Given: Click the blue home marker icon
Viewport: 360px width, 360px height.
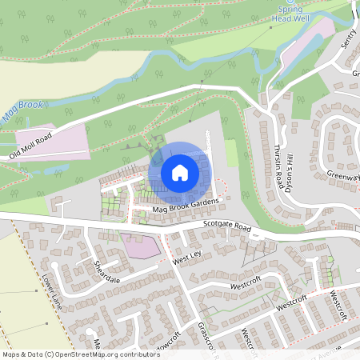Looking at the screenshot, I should click(x=180, y=172).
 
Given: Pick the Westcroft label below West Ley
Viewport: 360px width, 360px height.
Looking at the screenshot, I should click(x=246, y=283).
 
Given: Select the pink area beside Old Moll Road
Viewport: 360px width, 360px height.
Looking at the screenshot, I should click(x=50, y=138).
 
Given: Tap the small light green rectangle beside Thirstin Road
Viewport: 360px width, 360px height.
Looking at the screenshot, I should click(x=231, y=153).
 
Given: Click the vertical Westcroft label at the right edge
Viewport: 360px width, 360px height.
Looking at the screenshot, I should click(x=340, y=305).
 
